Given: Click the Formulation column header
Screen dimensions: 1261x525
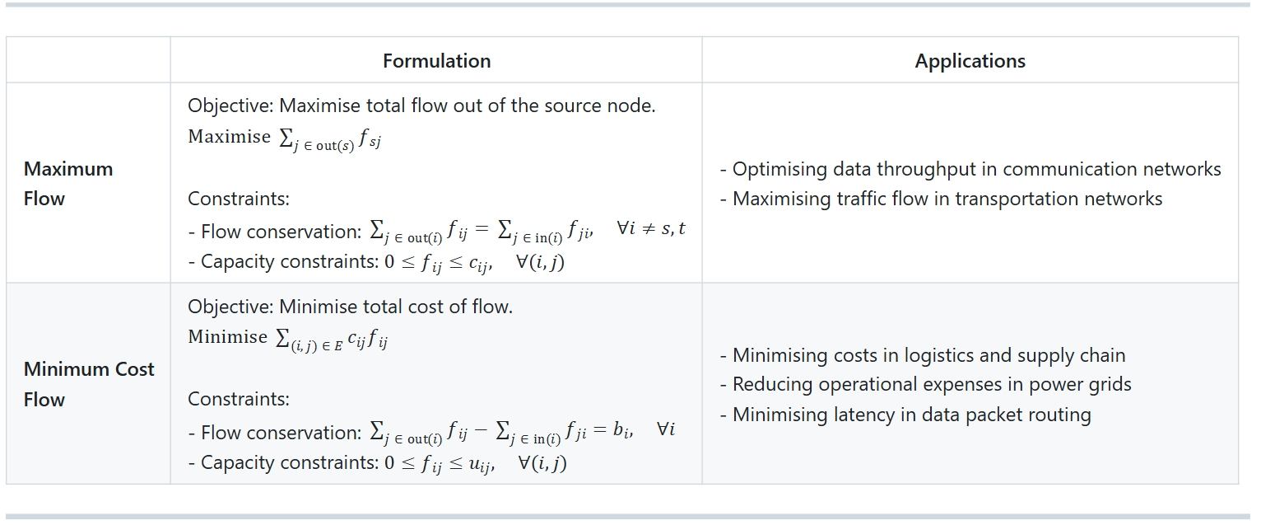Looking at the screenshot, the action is coord(436,61).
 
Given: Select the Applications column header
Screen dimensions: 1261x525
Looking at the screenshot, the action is coord(970,61).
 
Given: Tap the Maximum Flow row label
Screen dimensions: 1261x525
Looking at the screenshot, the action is coord(68,184).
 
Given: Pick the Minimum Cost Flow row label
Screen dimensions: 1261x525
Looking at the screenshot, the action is coord(89,384).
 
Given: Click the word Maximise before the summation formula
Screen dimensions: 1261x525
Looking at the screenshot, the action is coord(229,137).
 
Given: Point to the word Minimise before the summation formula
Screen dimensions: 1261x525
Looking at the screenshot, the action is coord(227,336).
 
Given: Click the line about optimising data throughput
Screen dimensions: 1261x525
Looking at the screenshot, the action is coord(970,169).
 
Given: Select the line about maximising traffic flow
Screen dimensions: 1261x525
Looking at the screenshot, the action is coord(942,199).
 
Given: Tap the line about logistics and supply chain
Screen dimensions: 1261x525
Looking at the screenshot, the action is coord(923,355).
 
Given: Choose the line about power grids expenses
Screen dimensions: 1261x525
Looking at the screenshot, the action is coord(925,385).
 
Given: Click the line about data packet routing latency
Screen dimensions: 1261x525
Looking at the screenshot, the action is coord(905,415).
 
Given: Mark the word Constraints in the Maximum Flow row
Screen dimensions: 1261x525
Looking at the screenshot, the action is coord(239,199).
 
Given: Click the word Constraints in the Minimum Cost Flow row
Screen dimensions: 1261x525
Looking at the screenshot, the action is coord(239,399).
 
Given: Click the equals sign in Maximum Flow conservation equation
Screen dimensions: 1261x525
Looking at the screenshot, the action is coord(482,228).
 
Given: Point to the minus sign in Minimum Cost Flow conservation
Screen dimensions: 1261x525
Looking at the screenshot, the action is coord(480,430).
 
